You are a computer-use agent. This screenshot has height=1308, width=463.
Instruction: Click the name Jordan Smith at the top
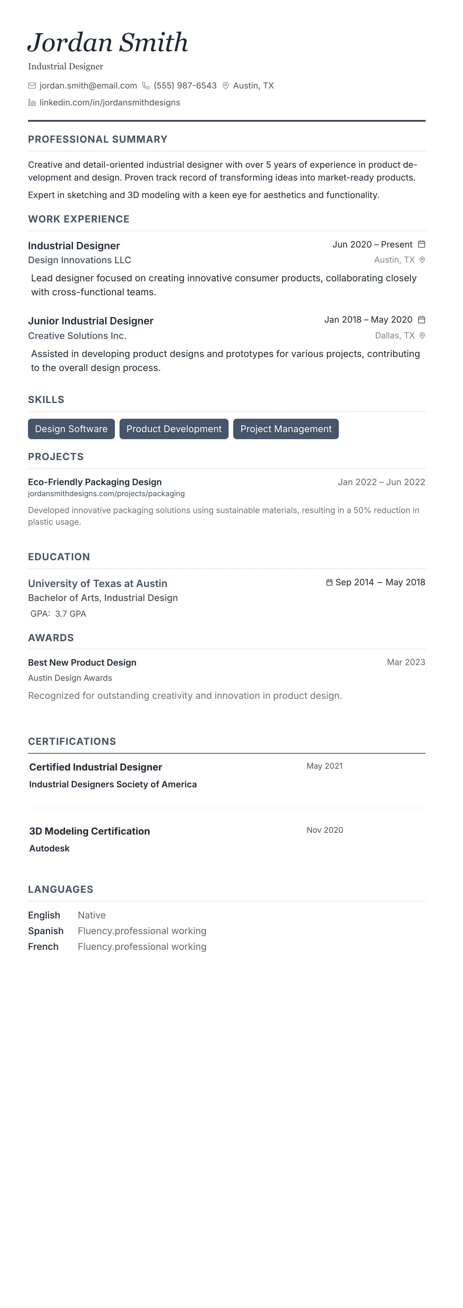click(x=108, y=43)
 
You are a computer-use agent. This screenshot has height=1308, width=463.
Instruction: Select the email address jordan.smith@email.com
click(x=88, y=86)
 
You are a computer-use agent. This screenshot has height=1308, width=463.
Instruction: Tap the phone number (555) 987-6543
click(x=185, y=86)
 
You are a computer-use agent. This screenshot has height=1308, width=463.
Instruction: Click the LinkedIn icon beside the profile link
click(x=32, y=102)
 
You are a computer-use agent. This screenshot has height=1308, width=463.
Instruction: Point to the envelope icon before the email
click(x=32, y=86)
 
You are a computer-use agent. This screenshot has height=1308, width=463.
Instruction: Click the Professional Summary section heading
click(x=98, y=139)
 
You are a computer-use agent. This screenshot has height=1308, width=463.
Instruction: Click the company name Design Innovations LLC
click(x=79, y=260)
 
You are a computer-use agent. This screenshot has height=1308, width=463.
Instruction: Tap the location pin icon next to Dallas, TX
click(x=422, y=336)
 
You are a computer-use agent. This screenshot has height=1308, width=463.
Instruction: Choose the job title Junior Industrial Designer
click(x=90, y=321)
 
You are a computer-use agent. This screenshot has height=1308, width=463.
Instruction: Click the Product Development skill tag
click(x=174, y=429)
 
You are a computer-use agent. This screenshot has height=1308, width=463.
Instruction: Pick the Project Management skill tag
click(x=286, y=429)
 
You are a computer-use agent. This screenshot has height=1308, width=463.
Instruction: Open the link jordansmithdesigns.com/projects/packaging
click(x=106, y=494)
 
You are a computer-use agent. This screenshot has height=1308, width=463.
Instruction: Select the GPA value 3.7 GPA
click(x=71, y=614)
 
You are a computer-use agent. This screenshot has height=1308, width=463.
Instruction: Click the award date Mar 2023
click(x=406, y=662)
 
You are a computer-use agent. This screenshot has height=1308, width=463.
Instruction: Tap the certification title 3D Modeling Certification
click(x=90, y=831)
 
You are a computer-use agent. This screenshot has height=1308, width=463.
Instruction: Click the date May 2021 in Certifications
click(x=324, y=766)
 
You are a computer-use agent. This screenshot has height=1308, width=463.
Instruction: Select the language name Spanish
click(x=46, y=931)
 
